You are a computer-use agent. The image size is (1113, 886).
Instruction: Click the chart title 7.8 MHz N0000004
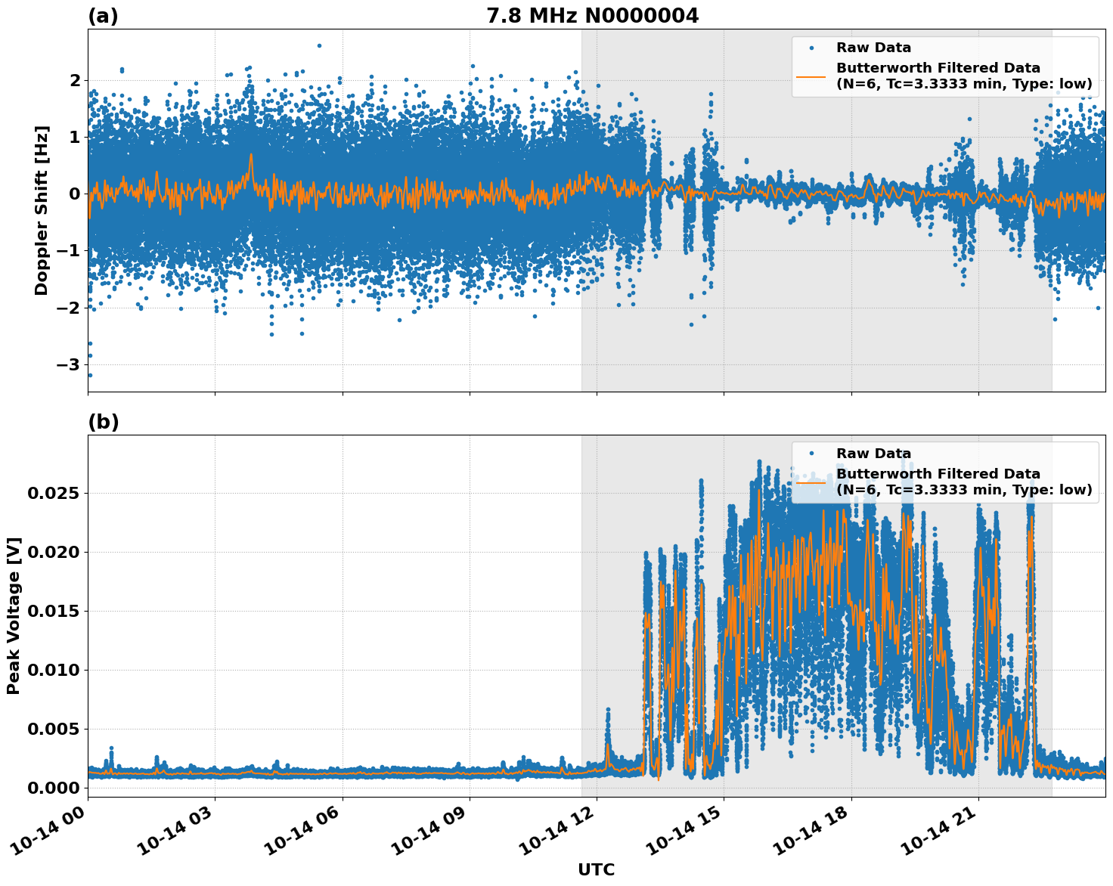(592, 16)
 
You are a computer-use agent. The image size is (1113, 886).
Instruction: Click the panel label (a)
(103, 16)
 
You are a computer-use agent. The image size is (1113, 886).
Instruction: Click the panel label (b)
(103, 422)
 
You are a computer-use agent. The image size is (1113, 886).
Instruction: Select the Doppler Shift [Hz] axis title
(42, 210)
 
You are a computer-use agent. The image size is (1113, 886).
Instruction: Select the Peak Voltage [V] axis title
(14, 615)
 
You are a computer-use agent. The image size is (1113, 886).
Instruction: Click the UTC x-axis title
(596, 869)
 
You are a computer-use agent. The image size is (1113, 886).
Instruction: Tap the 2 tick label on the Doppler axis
(75, 80)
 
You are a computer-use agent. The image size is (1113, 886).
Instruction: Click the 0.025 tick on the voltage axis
(53, 493)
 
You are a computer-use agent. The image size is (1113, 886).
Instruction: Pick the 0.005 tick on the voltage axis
(53, 729)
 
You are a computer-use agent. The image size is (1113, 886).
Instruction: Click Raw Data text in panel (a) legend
(873, 48)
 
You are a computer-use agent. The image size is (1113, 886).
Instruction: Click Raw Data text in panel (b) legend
(873, 454)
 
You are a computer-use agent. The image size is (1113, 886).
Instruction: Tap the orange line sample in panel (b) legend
(811, 482)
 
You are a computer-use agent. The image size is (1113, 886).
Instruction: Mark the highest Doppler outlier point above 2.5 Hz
(319, 45)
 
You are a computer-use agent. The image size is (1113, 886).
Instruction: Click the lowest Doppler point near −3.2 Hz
(90, 375)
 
